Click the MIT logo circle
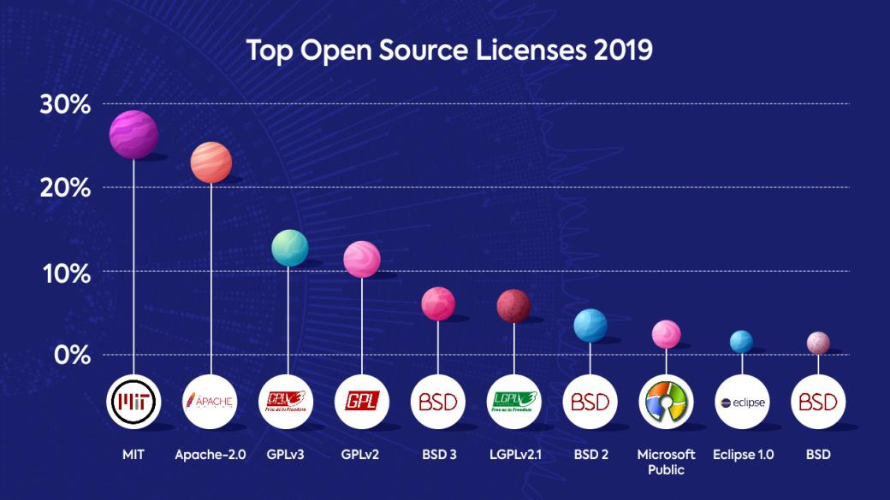[133, 401]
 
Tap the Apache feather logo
[210, 401]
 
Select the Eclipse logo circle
[741, 402]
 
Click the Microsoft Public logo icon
[666, 401]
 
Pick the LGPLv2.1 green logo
[513, 401]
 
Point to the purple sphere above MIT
[133, 134]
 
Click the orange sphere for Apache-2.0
[211, 162]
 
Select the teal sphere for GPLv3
[289, 248]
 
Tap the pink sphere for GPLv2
[362, 259]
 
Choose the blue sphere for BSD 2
[590, 326]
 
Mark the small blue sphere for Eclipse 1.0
[741, 341]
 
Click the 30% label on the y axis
[65, 105]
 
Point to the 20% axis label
[65, 188]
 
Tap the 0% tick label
[72, 354]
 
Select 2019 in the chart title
[624, 50]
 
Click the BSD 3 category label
[438, 455]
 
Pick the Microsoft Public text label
[666, 462]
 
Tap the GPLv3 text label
[286, 455]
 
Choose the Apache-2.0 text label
[211, 455]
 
